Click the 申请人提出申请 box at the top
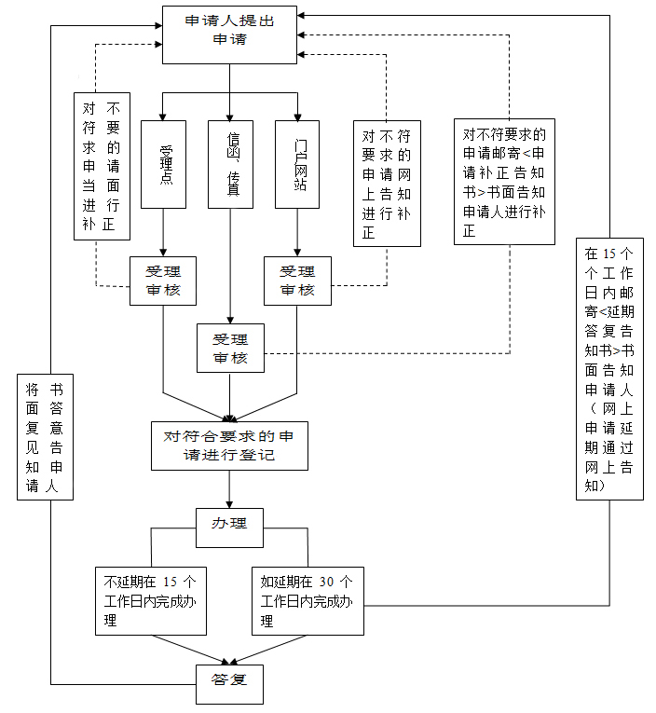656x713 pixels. pos(229,34)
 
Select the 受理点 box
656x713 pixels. pos(164,164)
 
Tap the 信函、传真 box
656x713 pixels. pos(230,164)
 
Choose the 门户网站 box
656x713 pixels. pos(297,164)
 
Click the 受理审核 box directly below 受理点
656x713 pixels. pos(163,281)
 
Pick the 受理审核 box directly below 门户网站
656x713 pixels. pos(297,281)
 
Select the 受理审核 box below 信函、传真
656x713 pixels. pos(230,348)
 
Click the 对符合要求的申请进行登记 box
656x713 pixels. pos(229,446)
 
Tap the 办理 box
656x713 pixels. pos(229,524)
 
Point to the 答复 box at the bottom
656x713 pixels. pos(229,683)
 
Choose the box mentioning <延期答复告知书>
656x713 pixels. pos(608,369)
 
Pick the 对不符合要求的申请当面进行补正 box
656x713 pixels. pos(102,165)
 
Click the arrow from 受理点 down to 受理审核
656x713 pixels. pos(164,232)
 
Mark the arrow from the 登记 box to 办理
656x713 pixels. pos(229,488)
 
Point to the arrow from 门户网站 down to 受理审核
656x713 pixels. pos(297,232)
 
